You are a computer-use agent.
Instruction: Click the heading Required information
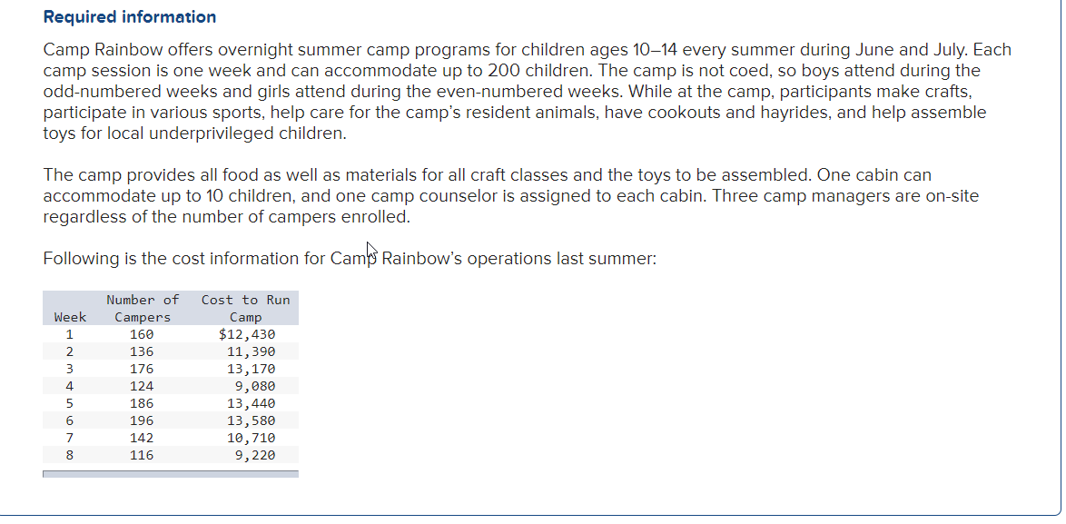click(130, 17)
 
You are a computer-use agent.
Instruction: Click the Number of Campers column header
click(143, 308)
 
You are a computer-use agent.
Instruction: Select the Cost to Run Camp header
click(245, 308)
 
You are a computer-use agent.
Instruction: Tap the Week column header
click(70, 317)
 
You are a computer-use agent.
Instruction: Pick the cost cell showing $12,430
click(247, 334)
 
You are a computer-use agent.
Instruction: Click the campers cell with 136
click(142, 351)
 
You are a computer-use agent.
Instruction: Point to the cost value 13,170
click(251, 369)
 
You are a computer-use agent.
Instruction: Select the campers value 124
click(142, 386)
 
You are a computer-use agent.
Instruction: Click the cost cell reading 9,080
click(254, 386)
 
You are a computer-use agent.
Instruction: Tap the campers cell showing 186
click(142, 403)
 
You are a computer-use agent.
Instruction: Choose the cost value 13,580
click(251, 420)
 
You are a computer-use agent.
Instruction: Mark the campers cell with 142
click(142, 438)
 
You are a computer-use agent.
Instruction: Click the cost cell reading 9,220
click(254, 455)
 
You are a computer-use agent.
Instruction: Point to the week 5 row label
click(69, 403)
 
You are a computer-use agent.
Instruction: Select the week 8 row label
click(69, 455)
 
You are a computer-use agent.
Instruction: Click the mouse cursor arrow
click(371, 248)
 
